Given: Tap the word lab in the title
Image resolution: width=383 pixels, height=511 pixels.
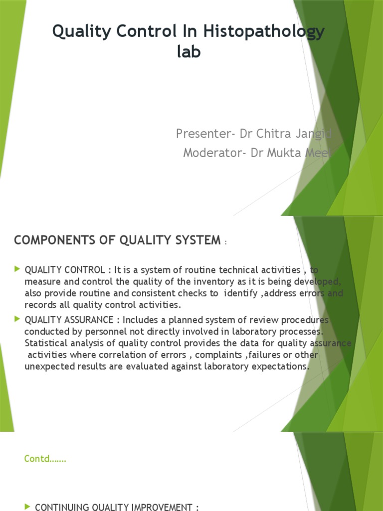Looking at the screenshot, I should pyautogui.click(x=189, y=51).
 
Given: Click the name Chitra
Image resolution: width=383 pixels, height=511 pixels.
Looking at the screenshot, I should pyautogui.click(x=279, y=134).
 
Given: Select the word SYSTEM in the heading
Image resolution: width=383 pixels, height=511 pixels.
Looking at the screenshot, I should pyautogui.click(x=194, y=240).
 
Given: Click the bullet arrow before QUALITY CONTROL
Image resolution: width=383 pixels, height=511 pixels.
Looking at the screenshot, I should pyautogui.click(x=18, y=269).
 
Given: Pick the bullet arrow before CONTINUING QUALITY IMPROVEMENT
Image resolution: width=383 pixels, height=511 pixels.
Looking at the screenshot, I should pyautogui.click(x=27, y=507).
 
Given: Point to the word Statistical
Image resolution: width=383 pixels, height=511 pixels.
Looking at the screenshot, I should pyautogui.click(x=47, y=343).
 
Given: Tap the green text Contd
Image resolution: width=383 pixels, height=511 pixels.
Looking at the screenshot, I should pyautogui.click(x=44, y=459).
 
